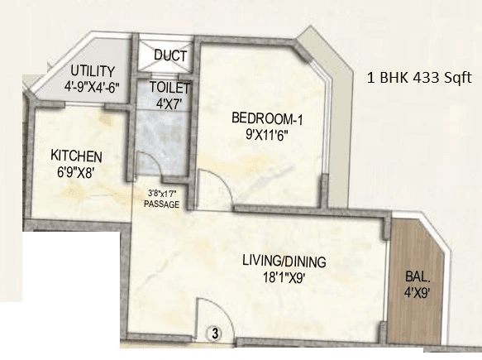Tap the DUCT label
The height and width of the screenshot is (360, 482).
click(x=171, y=57)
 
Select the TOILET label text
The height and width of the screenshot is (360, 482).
click(x=169, y=87)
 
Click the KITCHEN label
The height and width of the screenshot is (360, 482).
click(x=76, y=156)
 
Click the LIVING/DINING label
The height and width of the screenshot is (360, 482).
click(x=284, y=262)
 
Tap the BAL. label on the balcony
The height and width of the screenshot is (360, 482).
click(x=417, y=280)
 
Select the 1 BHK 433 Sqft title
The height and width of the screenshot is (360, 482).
click(x=420, y=79)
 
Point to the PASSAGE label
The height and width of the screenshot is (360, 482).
click(x=160, y=203)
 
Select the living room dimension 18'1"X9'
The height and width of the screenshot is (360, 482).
click(x=284, y=278)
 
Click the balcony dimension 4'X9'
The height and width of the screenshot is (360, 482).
click(x=417, y=295)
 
